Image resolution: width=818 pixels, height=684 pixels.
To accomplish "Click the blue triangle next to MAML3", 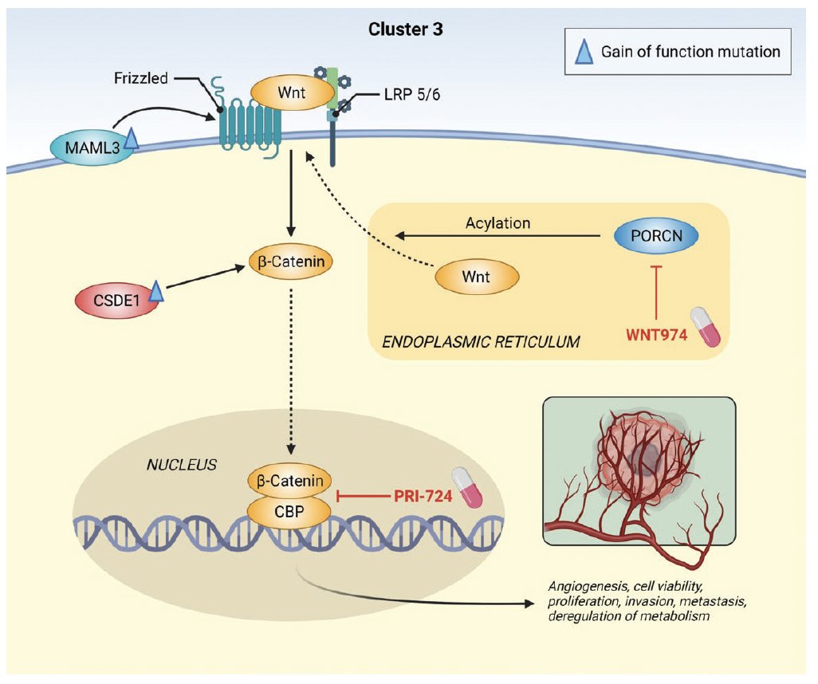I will [x=131, y=140].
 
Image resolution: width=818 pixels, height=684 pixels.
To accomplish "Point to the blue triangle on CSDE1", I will [x=156, y=292].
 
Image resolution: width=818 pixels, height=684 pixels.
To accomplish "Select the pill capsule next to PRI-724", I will [x=468, y=487].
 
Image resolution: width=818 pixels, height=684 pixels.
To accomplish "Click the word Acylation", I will [x=498, y=223].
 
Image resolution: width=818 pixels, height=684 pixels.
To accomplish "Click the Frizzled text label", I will [x=142, y=78].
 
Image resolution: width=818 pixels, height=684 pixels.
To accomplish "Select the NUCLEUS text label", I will [x=183, y=464].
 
